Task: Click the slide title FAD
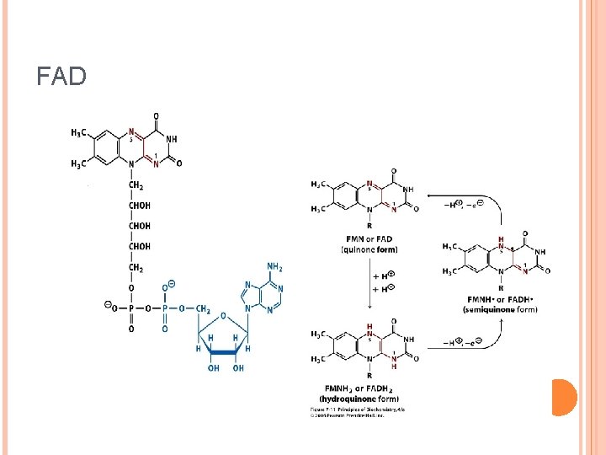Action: [x=61, y=77]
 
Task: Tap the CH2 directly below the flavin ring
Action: [x=136, y=185]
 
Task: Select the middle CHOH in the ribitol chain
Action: [x=139, y=226]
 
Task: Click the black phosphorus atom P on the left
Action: [x=131, y=308]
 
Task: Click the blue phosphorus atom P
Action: [x=165, y=308]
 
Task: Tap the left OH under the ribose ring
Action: [x=214, y=368]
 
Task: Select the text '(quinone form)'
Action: [x=369, y=249]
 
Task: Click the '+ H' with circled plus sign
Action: [x=384, y=276]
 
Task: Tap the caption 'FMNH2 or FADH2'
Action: [x=369, y=388]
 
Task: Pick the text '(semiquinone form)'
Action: [x=500, y=309]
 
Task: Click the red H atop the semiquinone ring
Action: [x=501, y=239]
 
